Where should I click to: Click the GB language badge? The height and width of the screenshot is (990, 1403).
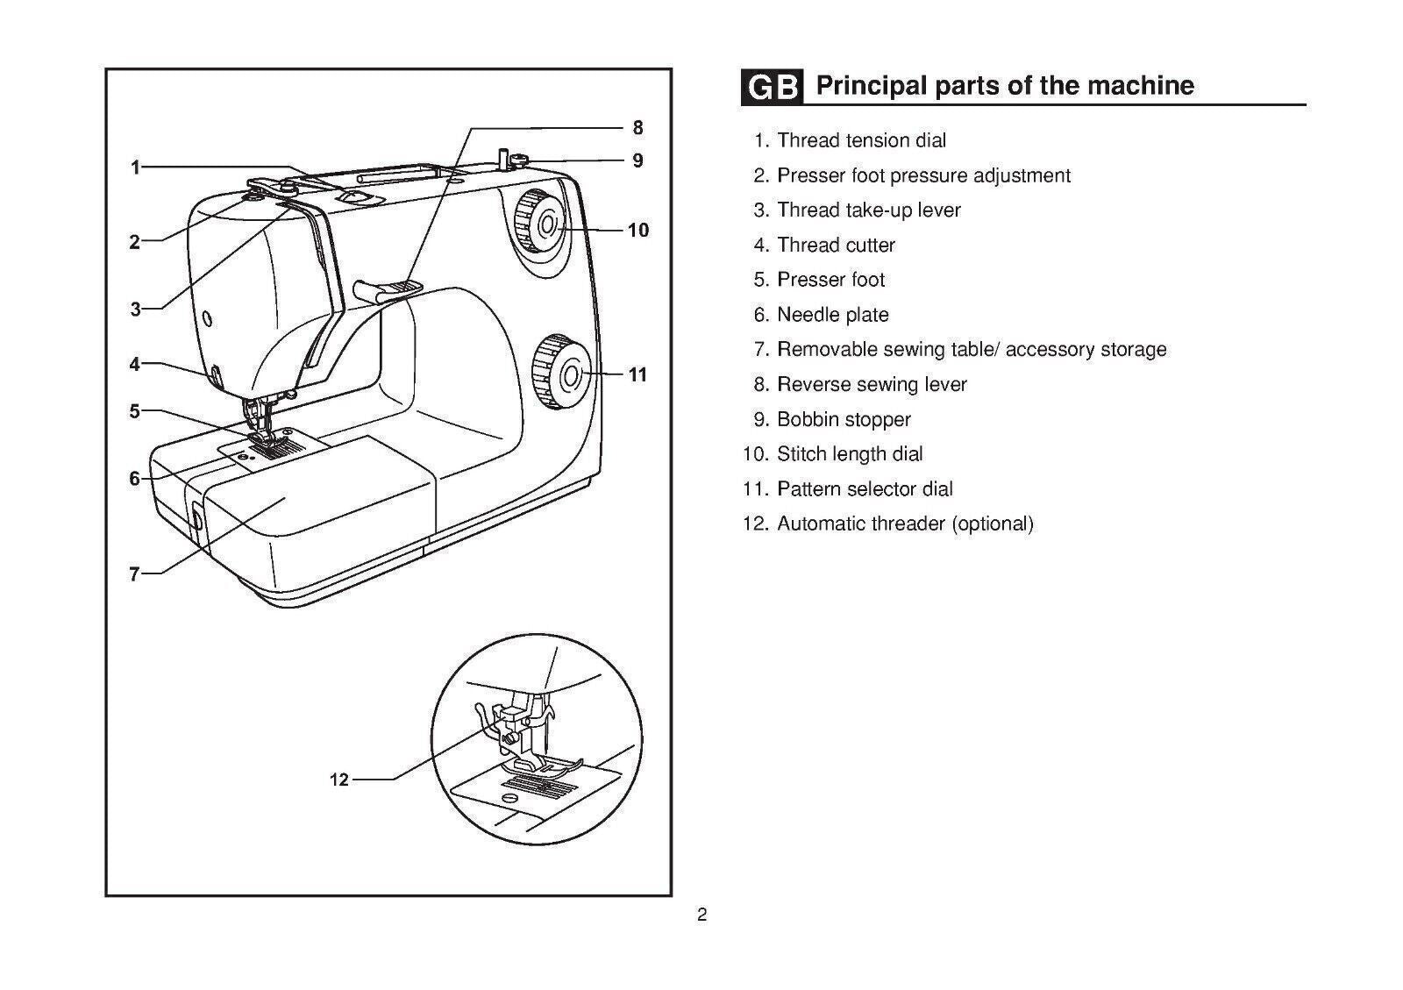[771, 88]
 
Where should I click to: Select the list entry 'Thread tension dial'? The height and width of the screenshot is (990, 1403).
[861, 140]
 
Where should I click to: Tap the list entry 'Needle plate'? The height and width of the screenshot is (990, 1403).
[832, 315]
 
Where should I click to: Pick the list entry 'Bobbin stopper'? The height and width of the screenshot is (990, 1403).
[844, 419]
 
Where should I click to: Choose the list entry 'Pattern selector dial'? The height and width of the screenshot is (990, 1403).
[865, 489]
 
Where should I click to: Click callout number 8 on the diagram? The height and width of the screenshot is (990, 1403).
[637, 128]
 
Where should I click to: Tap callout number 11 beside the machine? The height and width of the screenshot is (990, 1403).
[637, 375]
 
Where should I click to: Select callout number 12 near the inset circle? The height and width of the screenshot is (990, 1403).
[339, 780]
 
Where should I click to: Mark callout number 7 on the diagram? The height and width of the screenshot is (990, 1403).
[134, 574]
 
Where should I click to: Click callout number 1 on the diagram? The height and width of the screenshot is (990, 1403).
[135, 167]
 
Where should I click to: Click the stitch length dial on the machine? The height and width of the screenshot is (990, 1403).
[538, 224]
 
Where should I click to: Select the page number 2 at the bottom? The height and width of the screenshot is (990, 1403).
[701, 916]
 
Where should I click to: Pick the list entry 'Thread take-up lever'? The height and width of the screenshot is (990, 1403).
[868, 210]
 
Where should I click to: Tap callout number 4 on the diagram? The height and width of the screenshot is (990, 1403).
[134, 363]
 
